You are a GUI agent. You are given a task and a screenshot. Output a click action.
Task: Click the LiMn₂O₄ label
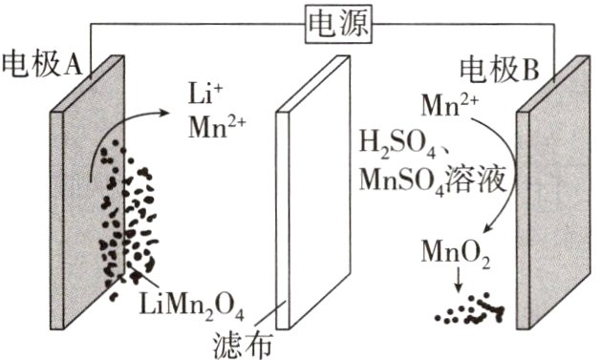point(191,307)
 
